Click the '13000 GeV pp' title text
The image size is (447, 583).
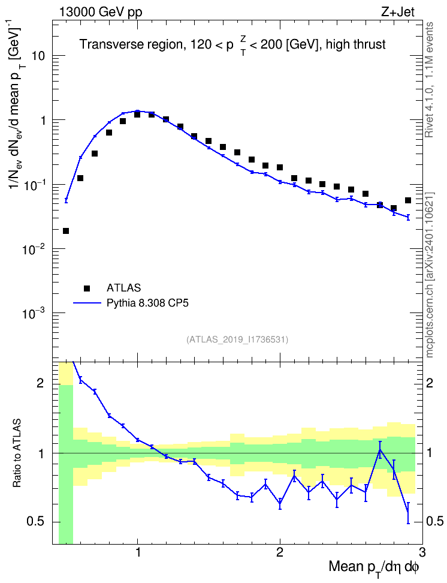tap(100, 13)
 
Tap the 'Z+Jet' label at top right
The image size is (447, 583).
tap(398, 13)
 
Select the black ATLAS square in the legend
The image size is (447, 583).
tap(87, 288)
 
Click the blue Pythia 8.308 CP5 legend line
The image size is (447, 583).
tap(87, 303)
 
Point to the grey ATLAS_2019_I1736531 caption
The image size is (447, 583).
tap(237, 339)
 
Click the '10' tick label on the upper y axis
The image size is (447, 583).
tap(39, 56)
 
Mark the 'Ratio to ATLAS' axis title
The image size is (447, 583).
tap(16, 453)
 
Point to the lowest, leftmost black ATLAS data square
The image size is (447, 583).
tap(66, 231)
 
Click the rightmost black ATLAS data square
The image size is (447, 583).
tap(408, 200)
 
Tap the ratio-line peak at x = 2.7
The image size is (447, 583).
tap(380, 449)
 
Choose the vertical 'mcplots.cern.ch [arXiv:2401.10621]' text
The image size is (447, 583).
tap(430, 275)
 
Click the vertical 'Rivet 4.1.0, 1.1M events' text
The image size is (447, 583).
tap(430, 80)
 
